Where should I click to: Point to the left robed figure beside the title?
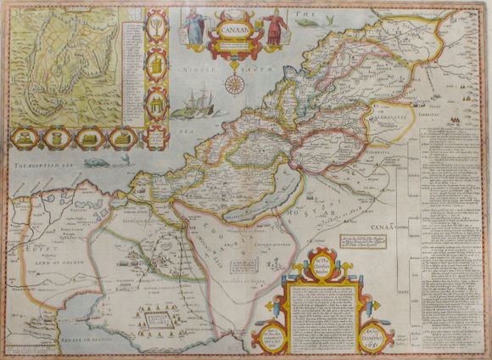tap(193, 27)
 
